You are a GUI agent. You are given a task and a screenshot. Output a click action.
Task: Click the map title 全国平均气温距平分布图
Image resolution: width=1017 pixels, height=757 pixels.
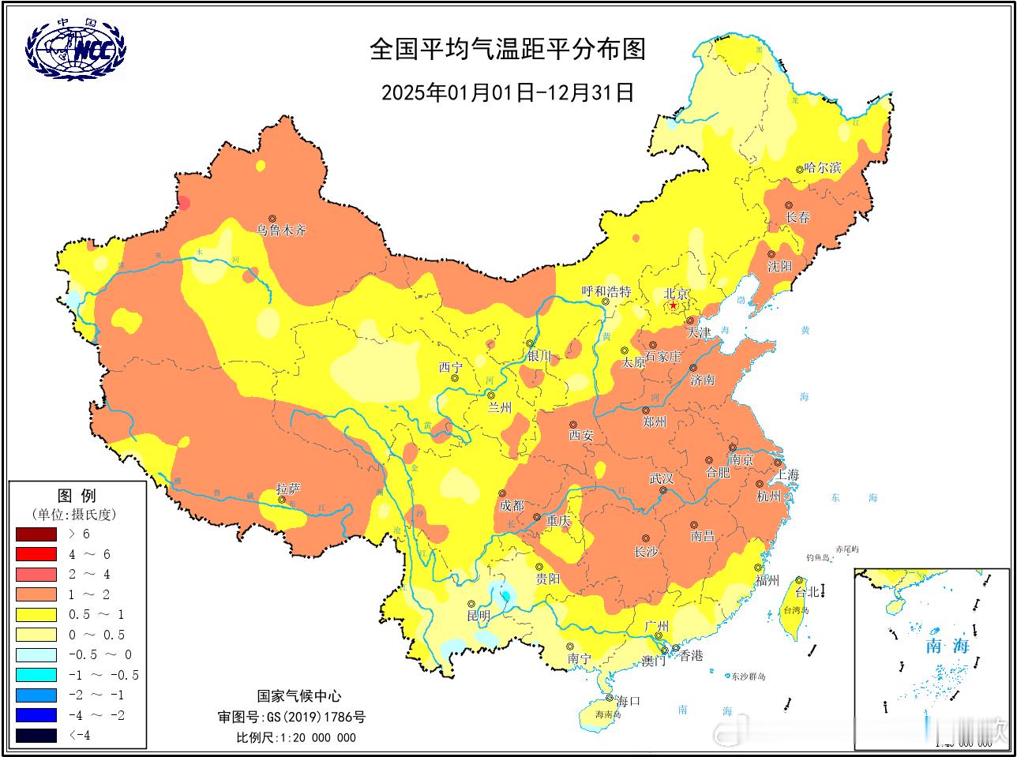coord(508,49)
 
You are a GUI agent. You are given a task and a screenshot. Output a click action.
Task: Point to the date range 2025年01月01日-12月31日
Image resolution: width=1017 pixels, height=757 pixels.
coord(508,92)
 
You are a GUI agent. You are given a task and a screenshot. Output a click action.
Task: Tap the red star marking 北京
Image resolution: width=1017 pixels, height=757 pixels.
coord(673,305)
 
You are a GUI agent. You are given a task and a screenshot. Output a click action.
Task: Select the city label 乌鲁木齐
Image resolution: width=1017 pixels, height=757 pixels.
coord(280,231)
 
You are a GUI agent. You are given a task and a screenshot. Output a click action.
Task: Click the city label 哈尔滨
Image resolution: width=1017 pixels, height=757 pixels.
coord(823,168)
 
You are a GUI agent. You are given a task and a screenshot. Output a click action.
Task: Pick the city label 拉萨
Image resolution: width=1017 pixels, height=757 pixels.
coord(288,489)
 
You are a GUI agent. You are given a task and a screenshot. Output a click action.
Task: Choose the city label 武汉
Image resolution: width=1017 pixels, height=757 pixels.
coord(661,478)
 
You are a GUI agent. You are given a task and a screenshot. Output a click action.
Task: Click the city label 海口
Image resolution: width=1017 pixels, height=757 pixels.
coord(627,701)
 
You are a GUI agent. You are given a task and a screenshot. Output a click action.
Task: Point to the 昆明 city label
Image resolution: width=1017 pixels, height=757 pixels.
coord(478,616)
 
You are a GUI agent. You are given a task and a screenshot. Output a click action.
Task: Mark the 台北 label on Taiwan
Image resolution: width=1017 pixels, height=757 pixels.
coord(806,592)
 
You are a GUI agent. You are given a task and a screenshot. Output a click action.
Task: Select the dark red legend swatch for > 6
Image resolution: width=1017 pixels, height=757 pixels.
coord(36,534)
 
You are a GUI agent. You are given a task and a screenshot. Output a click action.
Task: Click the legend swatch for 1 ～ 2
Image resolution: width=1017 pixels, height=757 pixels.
coord(36,594)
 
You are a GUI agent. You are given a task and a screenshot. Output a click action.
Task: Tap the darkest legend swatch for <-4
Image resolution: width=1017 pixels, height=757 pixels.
coord(36,736)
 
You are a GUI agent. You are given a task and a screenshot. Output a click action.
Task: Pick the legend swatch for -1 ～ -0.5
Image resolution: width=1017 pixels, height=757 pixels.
coord(36,675)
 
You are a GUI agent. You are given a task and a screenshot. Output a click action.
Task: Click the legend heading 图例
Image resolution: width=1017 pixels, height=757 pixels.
coord(77,496)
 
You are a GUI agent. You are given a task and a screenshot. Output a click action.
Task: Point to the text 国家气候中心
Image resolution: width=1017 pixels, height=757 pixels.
coord(299,696)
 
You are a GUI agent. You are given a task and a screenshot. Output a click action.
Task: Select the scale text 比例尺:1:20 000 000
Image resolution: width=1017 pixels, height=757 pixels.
coord(296,738)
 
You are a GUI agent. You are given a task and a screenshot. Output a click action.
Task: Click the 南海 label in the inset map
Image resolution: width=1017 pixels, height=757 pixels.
coord(947,646)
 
